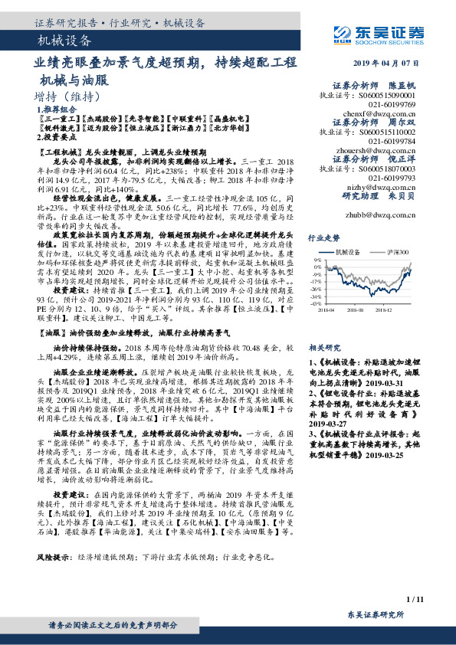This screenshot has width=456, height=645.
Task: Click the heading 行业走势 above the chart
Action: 320,238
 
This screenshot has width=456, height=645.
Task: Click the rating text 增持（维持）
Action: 68,97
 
